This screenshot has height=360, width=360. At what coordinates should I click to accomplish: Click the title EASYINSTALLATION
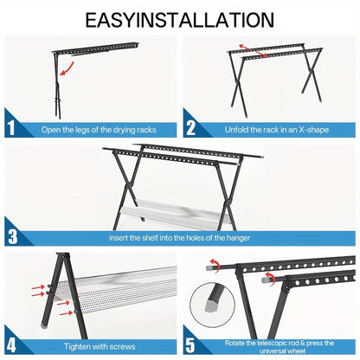point(179,20)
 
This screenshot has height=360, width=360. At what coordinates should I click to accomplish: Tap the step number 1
point(11,127)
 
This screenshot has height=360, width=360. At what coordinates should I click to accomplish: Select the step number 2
point(190,128)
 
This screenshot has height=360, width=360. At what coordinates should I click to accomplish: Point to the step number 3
point(12,236)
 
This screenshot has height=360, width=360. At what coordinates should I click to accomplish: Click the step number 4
point(11,345)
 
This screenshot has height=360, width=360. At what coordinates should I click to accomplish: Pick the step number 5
point(190,345)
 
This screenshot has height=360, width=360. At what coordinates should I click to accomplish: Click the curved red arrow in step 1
point(67,69)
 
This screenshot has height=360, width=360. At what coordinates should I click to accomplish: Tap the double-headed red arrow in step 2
point(253,51)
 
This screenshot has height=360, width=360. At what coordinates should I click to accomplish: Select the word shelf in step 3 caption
point(150,238)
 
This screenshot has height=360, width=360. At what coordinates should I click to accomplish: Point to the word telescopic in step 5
point(272,343)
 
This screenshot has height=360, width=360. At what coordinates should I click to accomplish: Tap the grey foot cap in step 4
point(45,326)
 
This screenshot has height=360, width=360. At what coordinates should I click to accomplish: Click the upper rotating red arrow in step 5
point(215,265)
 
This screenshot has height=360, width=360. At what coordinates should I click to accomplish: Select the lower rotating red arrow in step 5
point(270,278)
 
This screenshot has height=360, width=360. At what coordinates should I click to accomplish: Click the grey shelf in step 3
point(176,213)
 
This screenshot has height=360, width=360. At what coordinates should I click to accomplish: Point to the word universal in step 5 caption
point(271,350)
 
